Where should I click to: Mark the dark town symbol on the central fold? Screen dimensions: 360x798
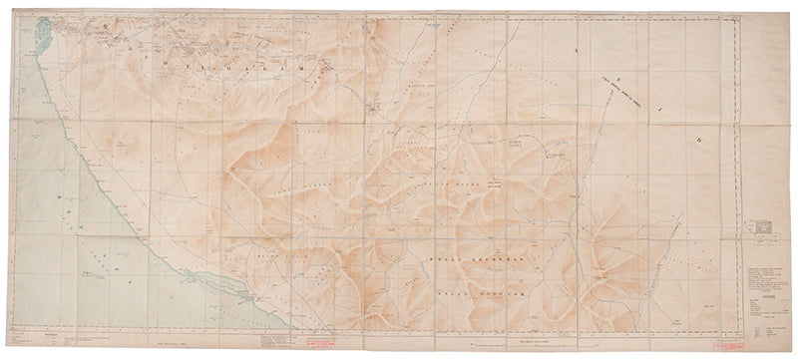(x=375, y=106)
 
